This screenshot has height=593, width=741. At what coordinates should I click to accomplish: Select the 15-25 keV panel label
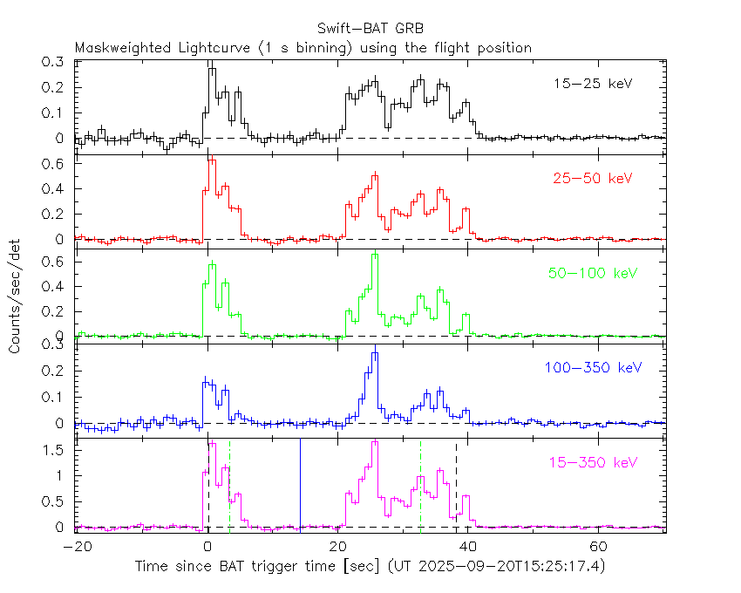[x=593, y=84]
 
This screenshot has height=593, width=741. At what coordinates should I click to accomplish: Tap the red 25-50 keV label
[x=593, y=178]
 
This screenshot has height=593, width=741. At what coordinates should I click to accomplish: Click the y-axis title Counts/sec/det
[x=16, y=297]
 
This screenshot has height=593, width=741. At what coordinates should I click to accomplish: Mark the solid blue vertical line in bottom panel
[x=300, y=484]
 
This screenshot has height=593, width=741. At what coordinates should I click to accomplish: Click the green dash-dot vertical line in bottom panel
[x=420, y=484]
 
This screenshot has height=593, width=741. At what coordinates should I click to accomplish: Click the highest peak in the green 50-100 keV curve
[x=375, y=254]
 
